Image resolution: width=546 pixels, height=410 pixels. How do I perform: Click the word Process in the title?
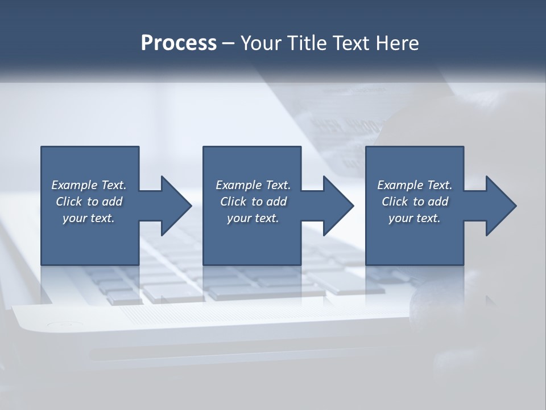179,43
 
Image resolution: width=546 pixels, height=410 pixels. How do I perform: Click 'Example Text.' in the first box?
89,185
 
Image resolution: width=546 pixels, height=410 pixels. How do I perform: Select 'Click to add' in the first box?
89,202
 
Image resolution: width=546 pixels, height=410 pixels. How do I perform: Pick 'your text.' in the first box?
89,218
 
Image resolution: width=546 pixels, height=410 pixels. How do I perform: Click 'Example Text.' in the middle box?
253,185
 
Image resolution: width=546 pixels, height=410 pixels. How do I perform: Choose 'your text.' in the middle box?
253,218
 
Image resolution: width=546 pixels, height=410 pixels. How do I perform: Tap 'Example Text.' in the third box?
415,185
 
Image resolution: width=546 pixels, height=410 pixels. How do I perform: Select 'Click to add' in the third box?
415,202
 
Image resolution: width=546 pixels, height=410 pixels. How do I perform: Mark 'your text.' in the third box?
415,218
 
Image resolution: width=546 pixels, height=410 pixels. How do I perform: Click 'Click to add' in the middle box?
253,202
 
